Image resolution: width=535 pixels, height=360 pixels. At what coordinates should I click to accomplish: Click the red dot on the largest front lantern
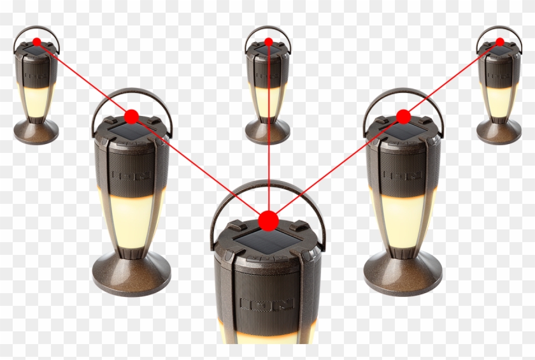268,220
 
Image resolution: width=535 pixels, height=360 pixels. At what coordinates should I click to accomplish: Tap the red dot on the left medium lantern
132,116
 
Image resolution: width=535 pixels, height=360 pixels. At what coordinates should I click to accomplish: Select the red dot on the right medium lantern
403,116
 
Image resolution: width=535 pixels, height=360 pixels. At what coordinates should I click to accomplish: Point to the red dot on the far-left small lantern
37,42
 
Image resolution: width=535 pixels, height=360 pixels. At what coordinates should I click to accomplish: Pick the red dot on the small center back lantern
269,42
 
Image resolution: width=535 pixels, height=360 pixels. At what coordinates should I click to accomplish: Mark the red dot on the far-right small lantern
500,42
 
